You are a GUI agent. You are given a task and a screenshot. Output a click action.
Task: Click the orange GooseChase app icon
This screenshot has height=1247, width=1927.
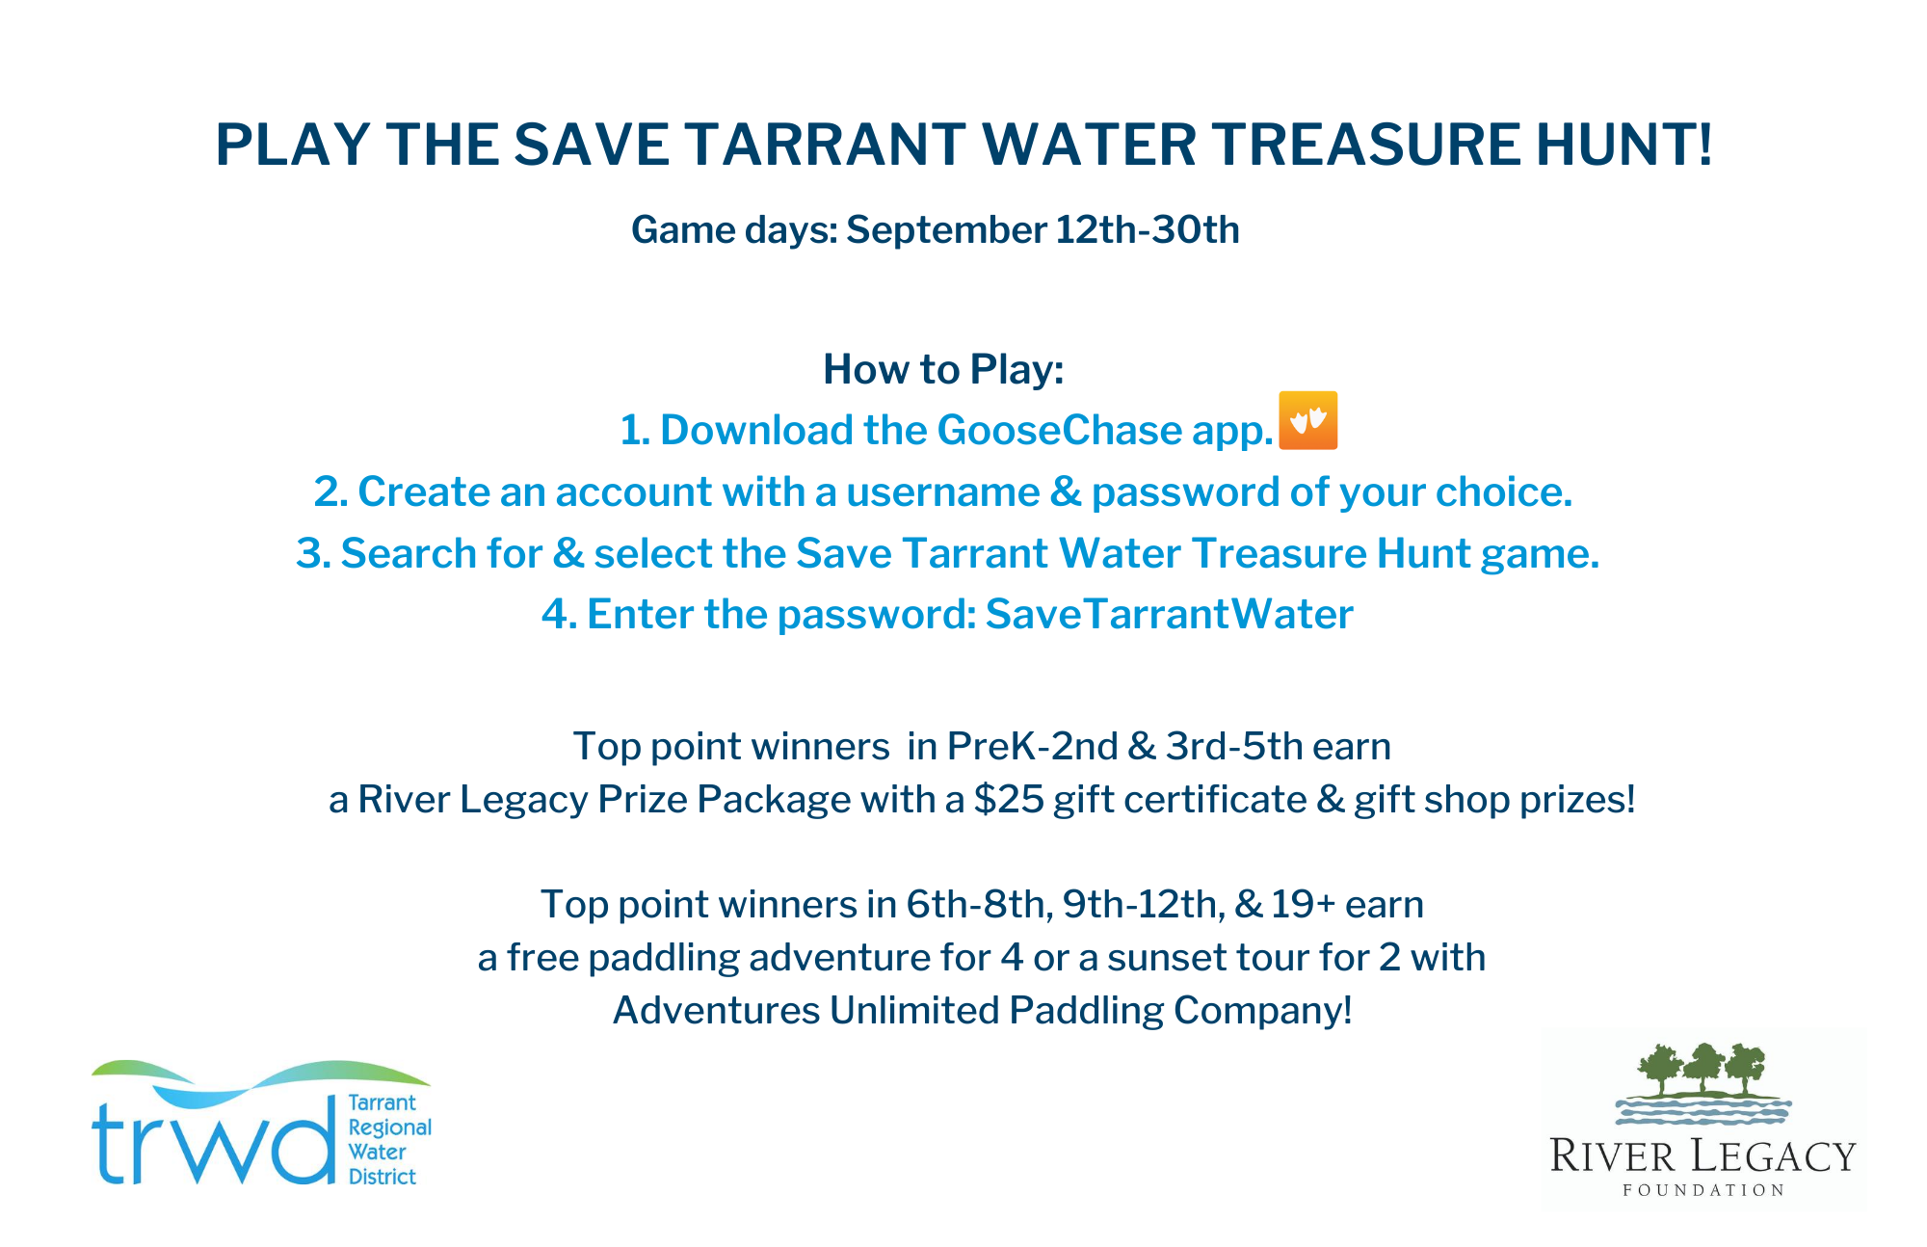pos(1307,420)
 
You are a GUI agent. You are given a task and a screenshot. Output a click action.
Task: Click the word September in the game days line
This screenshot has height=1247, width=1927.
pos(946,230)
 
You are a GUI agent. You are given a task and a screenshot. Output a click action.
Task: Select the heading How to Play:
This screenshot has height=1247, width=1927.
pos(943,369)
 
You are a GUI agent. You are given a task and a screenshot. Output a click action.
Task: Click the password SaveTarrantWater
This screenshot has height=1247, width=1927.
pos(1169,614)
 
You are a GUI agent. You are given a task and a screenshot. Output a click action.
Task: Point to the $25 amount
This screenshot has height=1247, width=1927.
pos(1009,799)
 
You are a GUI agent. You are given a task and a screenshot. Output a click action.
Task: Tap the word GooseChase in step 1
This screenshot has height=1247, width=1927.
pos(1059,430)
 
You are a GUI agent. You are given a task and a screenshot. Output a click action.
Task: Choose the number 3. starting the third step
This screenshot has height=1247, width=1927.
pos(313,553)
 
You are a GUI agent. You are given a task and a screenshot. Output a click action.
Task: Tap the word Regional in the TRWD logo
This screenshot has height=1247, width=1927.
pos(389,1128)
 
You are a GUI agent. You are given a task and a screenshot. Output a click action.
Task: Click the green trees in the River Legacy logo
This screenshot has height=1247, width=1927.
pos(1703,1069)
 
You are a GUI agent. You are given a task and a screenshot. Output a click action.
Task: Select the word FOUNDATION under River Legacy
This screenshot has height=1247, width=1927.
pos(1703,1190)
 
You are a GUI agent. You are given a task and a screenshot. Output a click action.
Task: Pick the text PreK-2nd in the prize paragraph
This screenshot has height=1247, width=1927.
pos(1032,746)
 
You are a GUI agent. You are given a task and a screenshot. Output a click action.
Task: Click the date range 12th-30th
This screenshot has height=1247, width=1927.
pos(1148,230)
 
